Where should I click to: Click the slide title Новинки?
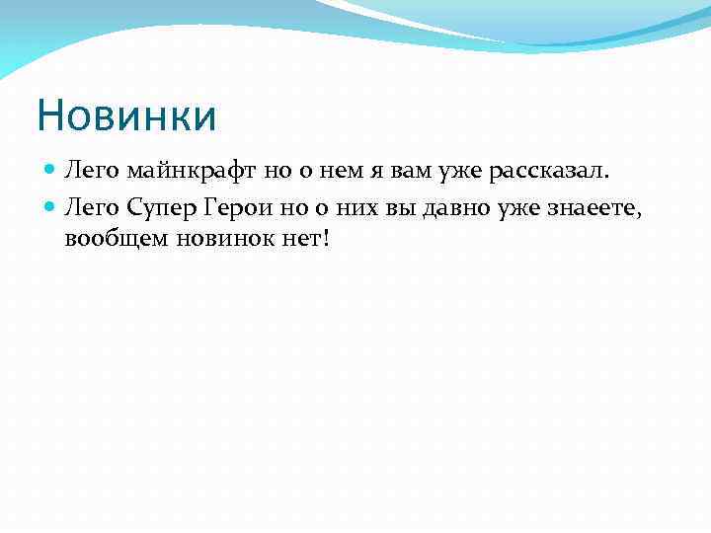click(x=125, y=114)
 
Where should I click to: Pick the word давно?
click(x=475, y=205)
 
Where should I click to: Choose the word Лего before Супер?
click(x=92, y=205)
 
